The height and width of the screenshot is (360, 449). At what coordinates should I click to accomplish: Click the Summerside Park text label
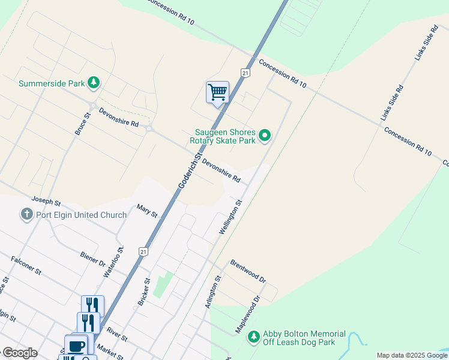tap(52, 83)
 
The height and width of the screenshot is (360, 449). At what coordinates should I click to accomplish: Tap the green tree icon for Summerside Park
tap(93, 83)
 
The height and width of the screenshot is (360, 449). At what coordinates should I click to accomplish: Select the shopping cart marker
tap(217, 92)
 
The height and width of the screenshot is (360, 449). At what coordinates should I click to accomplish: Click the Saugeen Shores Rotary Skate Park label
tap(226, 136)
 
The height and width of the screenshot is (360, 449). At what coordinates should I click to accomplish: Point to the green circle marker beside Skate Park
tap(265, 136)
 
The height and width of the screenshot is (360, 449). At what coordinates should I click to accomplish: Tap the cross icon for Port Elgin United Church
tap(26, 214)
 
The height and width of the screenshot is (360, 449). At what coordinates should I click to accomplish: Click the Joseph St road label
tap(46, 201)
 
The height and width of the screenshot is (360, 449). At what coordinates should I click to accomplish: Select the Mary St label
tap(146, 211)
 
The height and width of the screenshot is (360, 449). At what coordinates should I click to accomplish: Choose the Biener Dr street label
tap(92, 259)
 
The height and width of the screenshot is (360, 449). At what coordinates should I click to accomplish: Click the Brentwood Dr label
tap(247, 271)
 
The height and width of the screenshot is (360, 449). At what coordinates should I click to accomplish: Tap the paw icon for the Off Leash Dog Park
tap(254, 337)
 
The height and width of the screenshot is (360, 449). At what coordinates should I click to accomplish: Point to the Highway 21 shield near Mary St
tap(142, 250)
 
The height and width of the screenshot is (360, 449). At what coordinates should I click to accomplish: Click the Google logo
tap(20, 353)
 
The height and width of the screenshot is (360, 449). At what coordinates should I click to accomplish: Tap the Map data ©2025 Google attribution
tap(411, 355)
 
